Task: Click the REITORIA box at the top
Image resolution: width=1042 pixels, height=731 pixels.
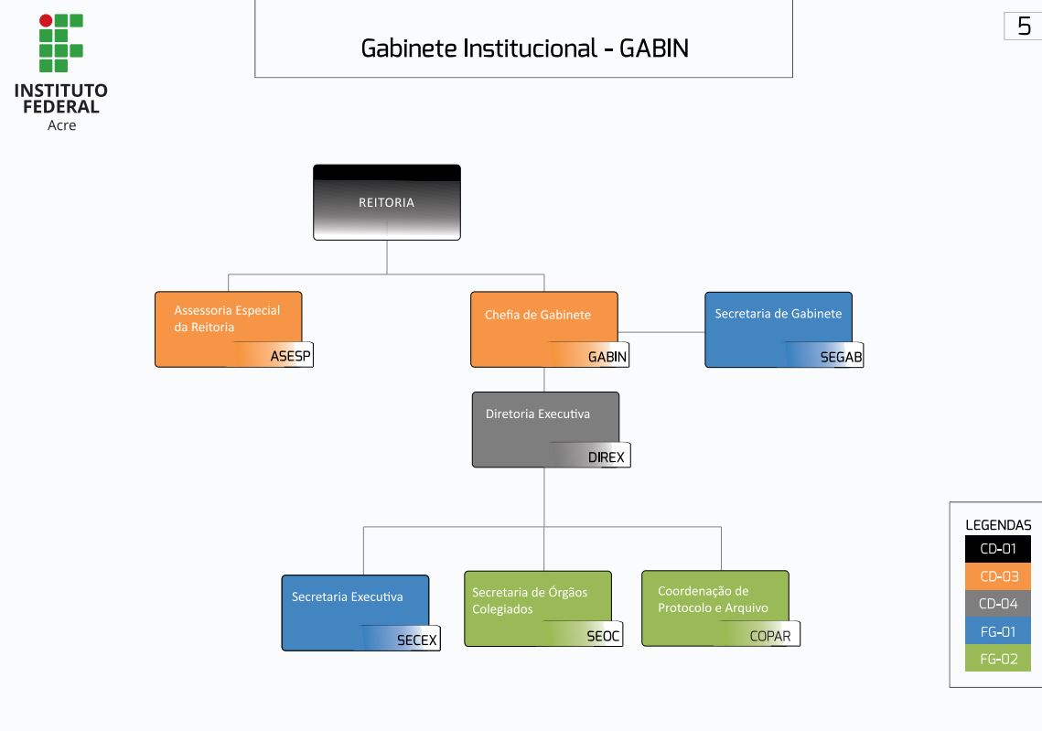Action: (386, 202)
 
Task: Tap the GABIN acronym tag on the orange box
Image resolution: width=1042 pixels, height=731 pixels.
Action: (607, 357)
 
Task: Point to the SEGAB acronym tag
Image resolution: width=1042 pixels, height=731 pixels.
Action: (841, 357)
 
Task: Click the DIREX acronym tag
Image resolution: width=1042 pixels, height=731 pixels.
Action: (607, 457)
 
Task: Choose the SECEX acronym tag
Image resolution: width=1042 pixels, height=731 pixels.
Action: (417, 640)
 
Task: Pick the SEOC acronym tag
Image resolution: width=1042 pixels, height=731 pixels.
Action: (603, 636)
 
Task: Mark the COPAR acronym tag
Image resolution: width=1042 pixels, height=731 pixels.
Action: (770, 636)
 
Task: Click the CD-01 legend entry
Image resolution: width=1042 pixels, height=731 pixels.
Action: (998, 549)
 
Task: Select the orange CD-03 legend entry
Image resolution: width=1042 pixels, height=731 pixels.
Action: (998, 576)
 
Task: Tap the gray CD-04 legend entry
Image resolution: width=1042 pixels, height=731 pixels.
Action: (998, 604)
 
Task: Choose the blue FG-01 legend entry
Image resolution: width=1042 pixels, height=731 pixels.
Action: (998, 630)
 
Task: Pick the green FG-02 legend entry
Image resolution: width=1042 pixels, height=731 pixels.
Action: (998, 658)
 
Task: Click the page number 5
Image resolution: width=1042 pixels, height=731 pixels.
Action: (1024, 27)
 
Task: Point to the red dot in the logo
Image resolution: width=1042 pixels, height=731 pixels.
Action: (46, 20)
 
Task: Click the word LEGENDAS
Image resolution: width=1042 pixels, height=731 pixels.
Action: (998, 525)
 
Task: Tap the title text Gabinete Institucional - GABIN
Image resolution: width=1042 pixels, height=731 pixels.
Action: (524, 48)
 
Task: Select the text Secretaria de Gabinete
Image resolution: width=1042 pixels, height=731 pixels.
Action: (778, 314)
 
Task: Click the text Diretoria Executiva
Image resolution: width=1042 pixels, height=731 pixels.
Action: (538, 414)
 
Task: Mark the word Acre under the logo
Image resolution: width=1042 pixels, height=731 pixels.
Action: (61, 125)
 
